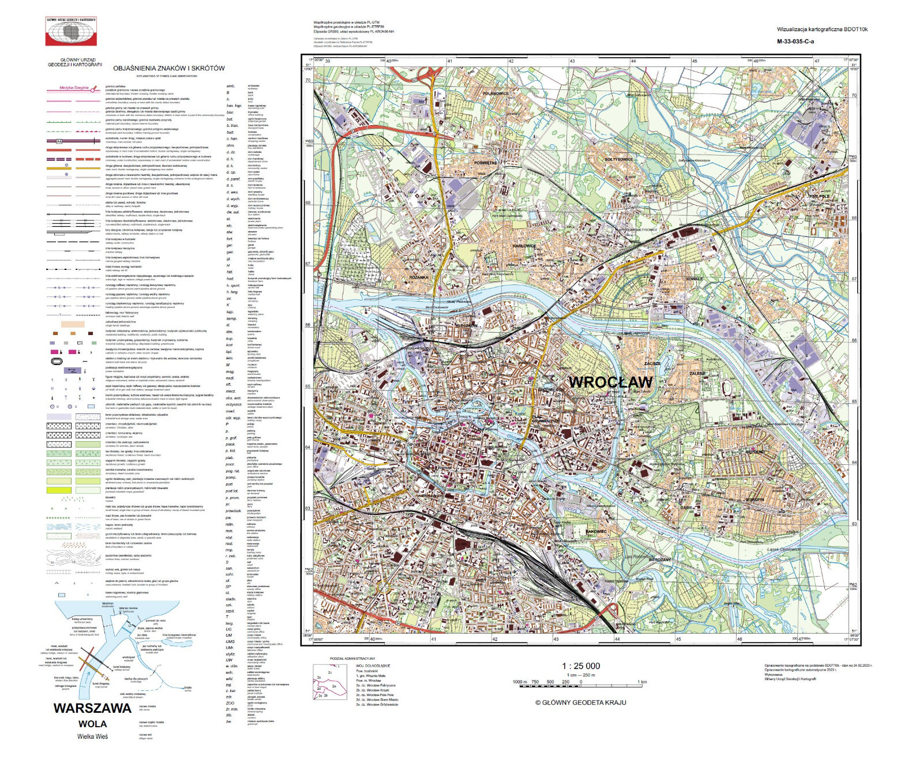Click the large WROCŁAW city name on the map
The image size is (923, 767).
click(610, 382)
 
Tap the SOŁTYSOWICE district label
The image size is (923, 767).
click(618, 159)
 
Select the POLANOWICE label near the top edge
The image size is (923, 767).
click(496, 93)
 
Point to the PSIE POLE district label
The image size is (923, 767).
click(819, 196)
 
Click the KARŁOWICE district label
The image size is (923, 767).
click(524, 246)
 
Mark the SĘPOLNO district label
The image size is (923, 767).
click(755, 452)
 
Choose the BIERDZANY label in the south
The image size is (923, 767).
click(660, 559)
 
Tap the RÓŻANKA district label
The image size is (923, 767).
click(419, 277)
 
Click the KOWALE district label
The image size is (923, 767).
click(695, 279)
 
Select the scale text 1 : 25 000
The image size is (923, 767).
click(581, 666)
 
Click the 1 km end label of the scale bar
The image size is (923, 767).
click(642, 682)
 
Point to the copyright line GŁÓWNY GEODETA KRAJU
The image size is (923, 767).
click(580, 702)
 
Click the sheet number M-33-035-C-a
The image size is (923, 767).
click(796, 42)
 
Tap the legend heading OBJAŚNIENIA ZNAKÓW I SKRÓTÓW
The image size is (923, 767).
click(168, 68)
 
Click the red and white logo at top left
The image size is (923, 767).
click(71, 31)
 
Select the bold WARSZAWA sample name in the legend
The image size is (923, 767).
click(92, 708)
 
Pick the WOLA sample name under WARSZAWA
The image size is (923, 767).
click(92, 724)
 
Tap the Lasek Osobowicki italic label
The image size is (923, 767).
click(783, 549)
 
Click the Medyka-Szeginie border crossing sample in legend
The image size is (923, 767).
click(76, 88)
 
